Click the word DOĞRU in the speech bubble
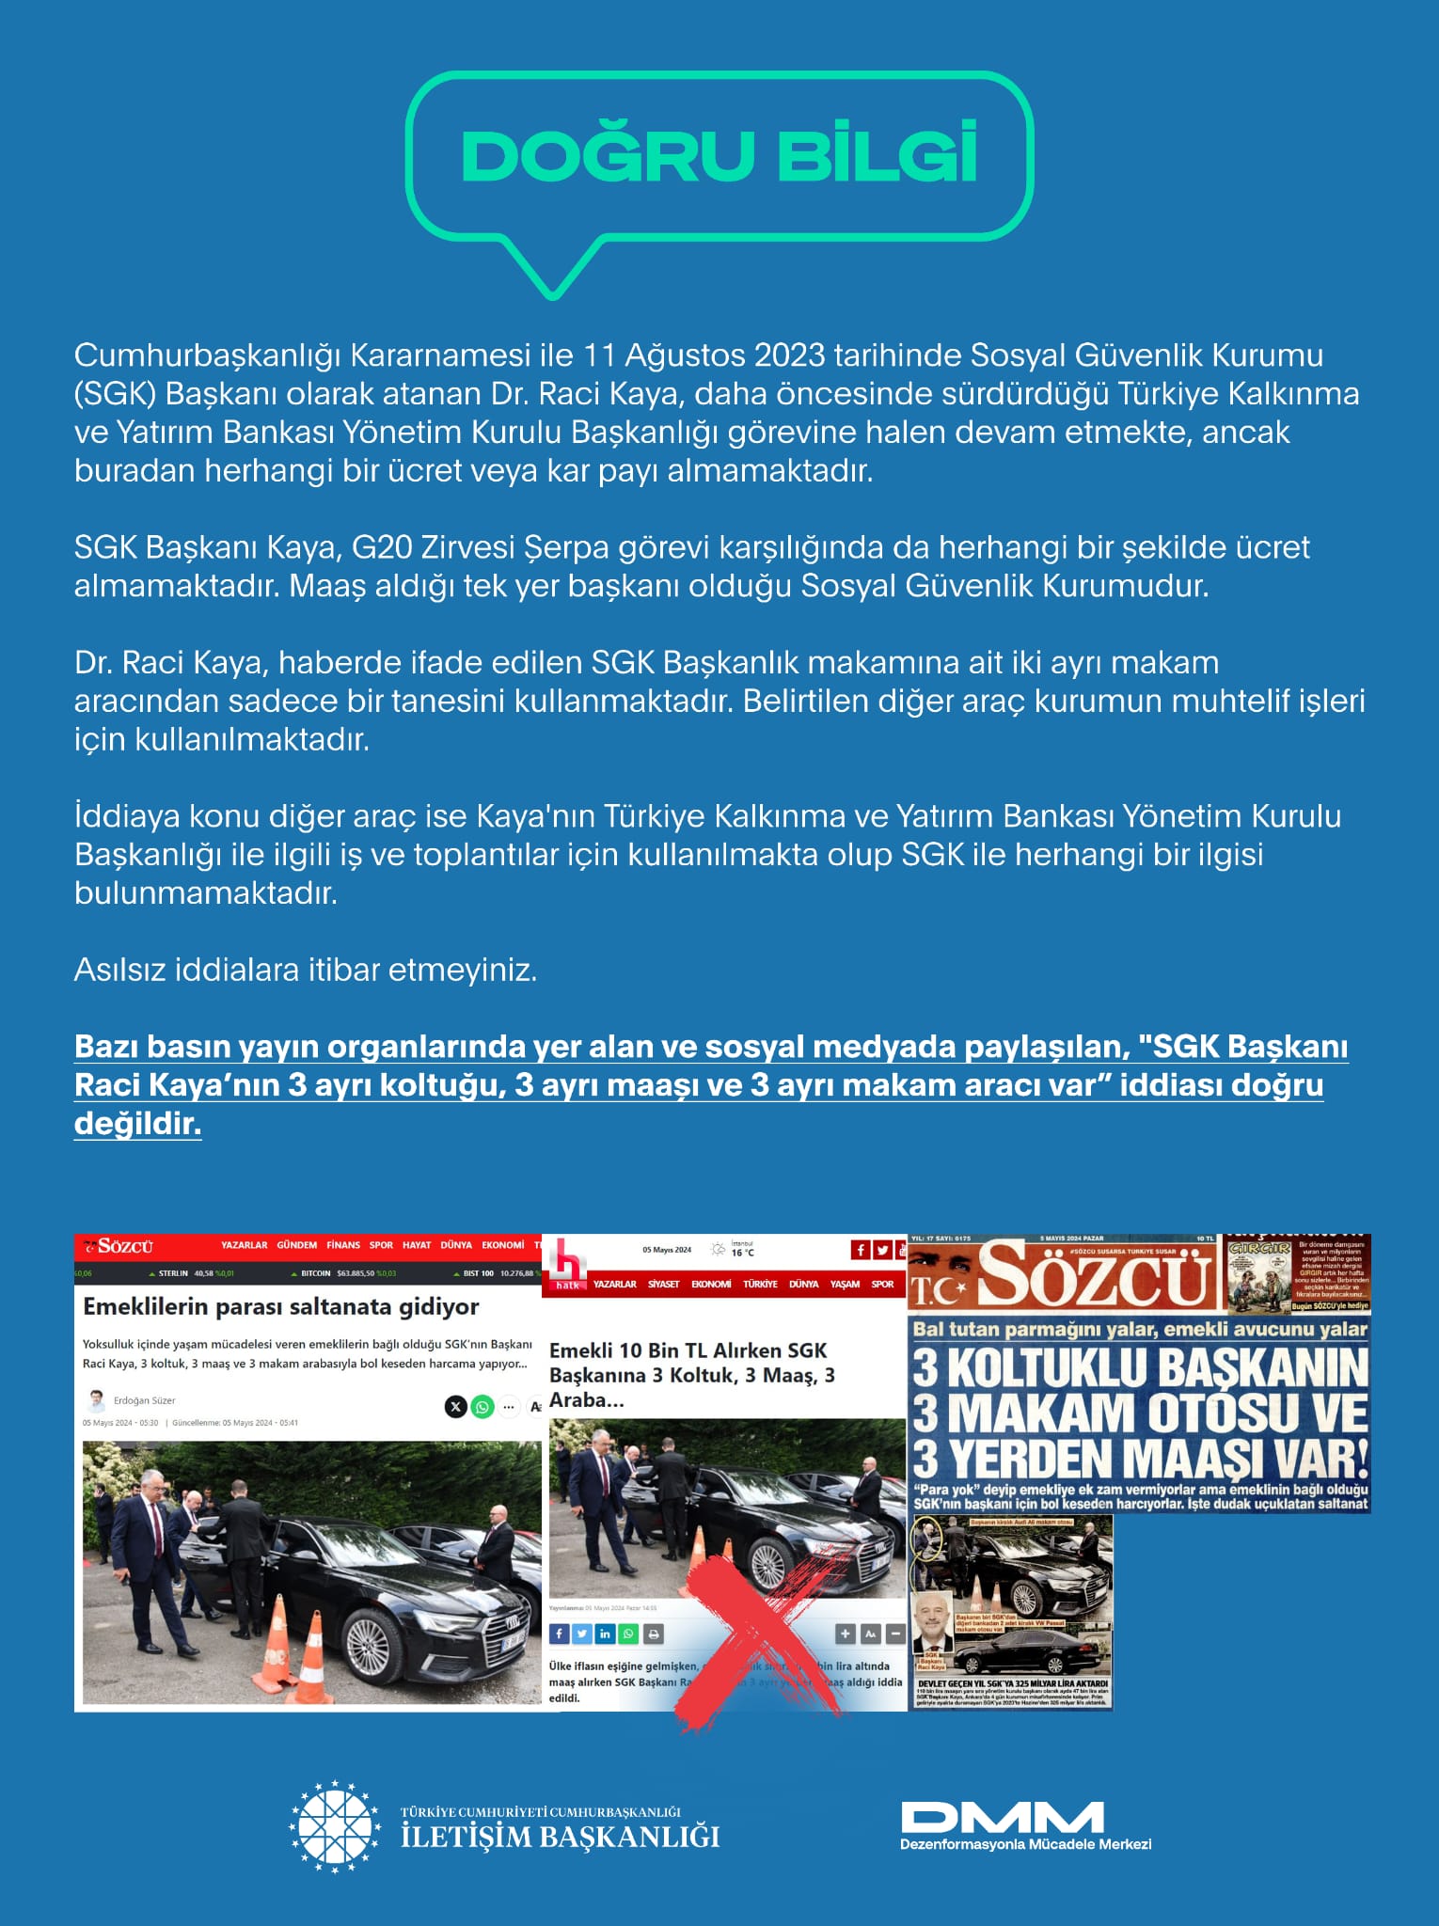tap(607, 155)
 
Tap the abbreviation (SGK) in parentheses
tap(114, 394)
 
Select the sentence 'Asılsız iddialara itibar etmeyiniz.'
tap(305, 970)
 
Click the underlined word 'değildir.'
tap(137, 1124)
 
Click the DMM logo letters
tap(1002, 1817)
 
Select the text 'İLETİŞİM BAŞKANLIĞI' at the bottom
tap(560, 1837)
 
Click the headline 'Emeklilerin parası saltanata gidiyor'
tap(280, 1306)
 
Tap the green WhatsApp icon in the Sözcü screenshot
tap(482, 1407)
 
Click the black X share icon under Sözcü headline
tap(455, 1407)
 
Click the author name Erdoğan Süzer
tap(144, 1400)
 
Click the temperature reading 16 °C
tap(743, 1253)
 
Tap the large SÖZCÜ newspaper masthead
tap(1096, 1275)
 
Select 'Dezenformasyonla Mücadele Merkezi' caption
tap(1025, 1844)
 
